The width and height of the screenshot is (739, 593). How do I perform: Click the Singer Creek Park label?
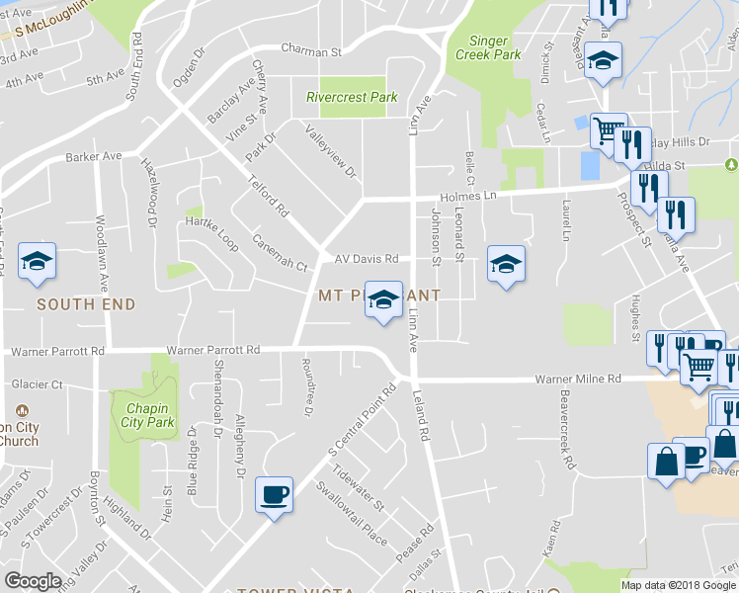487,48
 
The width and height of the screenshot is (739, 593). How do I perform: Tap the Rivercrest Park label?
352,98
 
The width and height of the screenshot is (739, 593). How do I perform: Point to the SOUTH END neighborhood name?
86,304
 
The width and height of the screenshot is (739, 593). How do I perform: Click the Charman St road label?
310,49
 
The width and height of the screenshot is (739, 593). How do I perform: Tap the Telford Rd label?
268,198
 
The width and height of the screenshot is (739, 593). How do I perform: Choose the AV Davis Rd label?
366,259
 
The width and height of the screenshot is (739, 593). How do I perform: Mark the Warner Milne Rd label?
578,379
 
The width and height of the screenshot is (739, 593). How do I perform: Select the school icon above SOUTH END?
38,262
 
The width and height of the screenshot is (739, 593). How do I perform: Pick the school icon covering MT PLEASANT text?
382,298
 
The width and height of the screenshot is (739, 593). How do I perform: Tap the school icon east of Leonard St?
506,264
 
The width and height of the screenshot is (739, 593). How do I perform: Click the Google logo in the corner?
33,581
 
